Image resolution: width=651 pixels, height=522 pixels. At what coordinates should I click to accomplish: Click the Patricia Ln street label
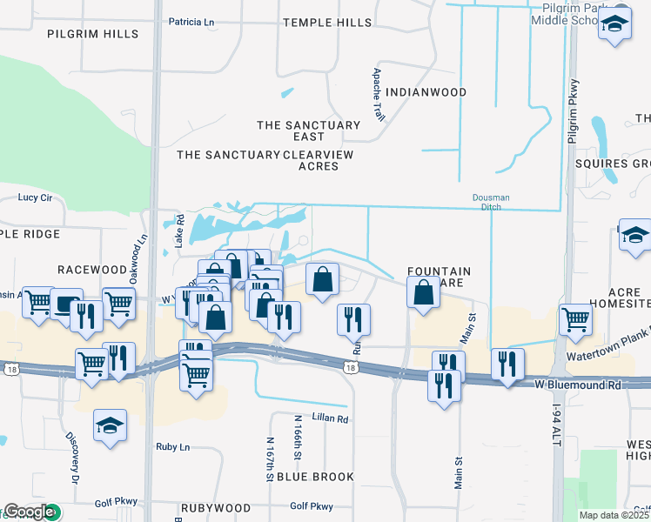tap(191, 22)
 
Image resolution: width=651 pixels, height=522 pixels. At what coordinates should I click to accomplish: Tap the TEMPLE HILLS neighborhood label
tap(327, 22)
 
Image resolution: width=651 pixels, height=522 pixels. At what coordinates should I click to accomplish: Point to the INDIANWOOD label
tap(426, 92)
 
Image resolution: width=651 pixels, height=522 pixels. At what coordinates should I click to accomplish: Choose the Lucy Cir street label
tap(36, 197)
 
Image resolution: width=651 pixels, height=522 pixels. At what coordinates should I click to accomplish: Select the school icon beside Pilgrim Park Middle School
tap(614, 25)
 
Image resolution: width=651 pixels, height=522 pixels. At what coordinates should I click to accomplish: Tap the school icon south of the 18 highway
tap(109, 426)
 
